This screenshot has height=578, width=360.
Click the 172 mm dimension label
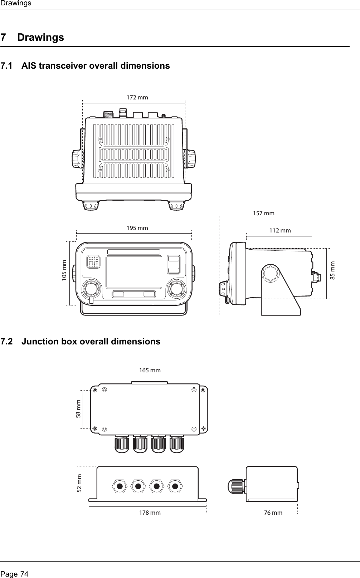pyautogui.click(x=137, y=97)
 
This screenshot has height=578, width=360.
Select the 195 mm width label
pyautogui.click(x=137, y=228)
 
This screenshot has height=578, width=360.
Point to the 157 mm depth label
pyautogui.click(x=264, y=214)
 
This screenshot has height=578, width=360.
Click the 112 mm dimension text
pyautogui.click(x=280, y=231)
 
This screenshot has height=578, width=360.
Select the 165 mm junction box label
pyautogui.click(x=150, y=370)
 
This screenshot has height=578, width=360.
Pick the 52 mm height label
pyautogui.click(x=79, y=483)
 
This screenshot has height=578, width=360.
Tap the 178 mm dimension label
pyautogui.click(x=150, y=513)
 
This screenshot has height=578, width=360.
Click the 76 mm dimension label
pyautogui.click(x=273, y=513)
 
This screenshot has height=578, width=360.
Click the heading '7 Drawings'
pyautogui.click(x=33, y=37)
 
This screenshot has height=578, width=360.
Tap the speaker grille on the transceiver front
pyautogui.click(x=93, y=262)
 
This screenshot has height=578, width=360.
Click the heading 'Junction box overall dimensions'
pyautogui.click(x=91, y=342)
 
